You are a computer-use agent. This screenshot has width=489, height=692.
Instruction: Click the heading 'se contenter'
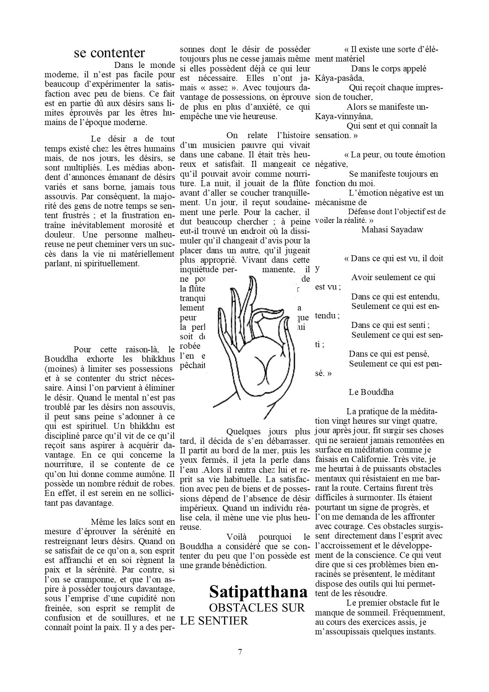[109, 53]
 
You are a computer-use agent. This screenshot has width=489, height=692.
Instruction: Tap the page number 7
[240, 652]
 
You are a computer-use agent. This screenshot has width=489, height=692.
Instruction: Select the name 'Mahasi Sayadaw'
[392, 230]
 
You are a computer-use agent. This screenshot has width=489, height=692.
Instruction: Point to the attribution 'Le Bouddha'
[371, 392]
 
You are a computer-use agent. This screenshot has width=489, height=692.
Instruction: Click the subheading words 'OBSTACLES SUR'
[257, 608]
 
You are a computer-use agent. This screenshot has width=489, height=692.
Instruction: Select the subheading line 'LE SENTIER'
[214, 621]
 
